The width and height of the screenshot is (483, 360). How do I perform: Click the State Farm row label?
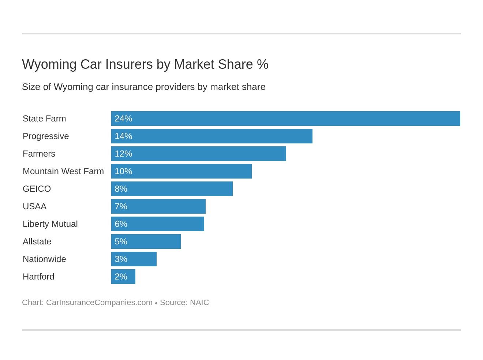pyautogui.click(x=44, y=119)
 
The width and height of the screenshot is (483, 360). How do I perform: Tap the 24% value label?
pyautogui.click(x=123, y=119)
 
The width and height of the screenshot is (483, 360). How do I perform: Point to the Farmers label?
pyautogui.click(x=39, y=154)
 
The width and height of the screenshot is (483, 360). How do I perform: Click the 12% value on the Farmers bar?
pyautogui.click(x=123, y=154)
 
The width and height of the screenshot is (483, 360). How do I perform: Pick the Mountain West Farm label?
pyautogui.click(x=63, y=171)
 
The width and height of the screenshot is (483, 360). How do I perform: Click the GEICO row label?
pyautogui.click(x=37, y=189)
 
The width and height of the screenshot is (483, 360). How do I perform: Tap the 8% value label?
pyautogui.click(x=121, y=189)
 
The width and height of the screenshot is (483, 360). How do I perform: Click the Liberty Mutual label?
pyautogui.click(x=50, y=224)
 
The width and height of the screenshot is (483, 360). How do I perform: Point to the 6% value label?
pyautogui.click(x=121, y=224)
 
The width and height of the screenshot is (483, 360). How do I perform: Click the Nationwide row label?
pyautogui.click(x=44, y=259)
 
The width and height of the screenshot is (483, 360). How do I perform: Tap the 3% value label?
pyautogui.click(x=121, y=259)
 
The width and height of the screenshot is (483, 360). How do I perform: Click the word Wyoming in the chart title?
pyautogui.click(x=49, y=64)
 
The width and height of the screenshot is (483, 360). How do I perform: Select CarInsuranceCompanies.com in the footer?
pyautogui.click(x=99, y=303)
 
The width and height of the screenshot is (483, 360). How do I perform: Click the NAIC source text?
pyautogui.click(x=199, y=303)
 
